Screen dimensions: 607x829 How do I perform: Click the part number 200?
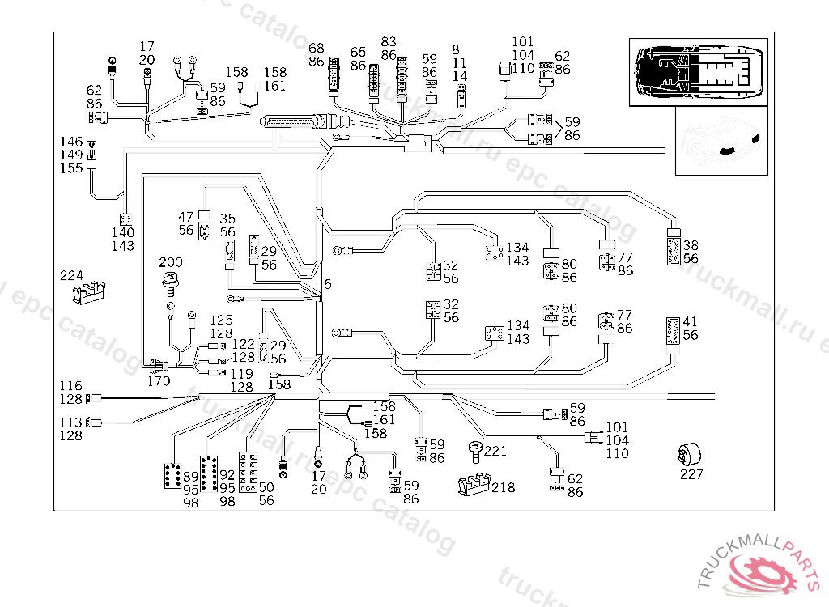click(171, 263)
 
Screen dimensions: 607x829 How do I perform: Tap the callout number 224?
click(71, 275)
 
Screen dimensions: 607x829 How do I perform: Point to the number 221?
click(495, 451)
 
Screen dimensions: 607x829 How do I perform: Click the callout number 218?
click(503, 487)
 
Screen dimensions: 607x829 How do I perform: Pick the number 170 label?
click(159, 380)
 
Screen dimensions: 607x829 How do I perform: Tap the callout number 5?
click(328, 284)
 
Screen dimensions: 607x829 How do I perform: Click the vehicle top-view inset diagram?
click(697, 70)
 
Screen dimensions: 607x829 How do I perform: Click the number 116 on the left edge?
click(71, 386)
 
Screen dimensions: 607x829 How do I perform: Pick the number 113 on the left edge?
click(71, 422)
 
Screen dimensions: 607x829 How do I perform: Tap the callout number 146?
click(71, 141)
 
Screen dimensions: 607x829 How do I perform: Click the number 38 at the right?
click(690, 245)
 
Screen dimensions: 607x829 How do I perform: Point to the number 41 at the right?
click(690, 322)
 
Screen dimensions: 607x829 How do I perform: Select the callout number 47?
click(186, 217)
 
